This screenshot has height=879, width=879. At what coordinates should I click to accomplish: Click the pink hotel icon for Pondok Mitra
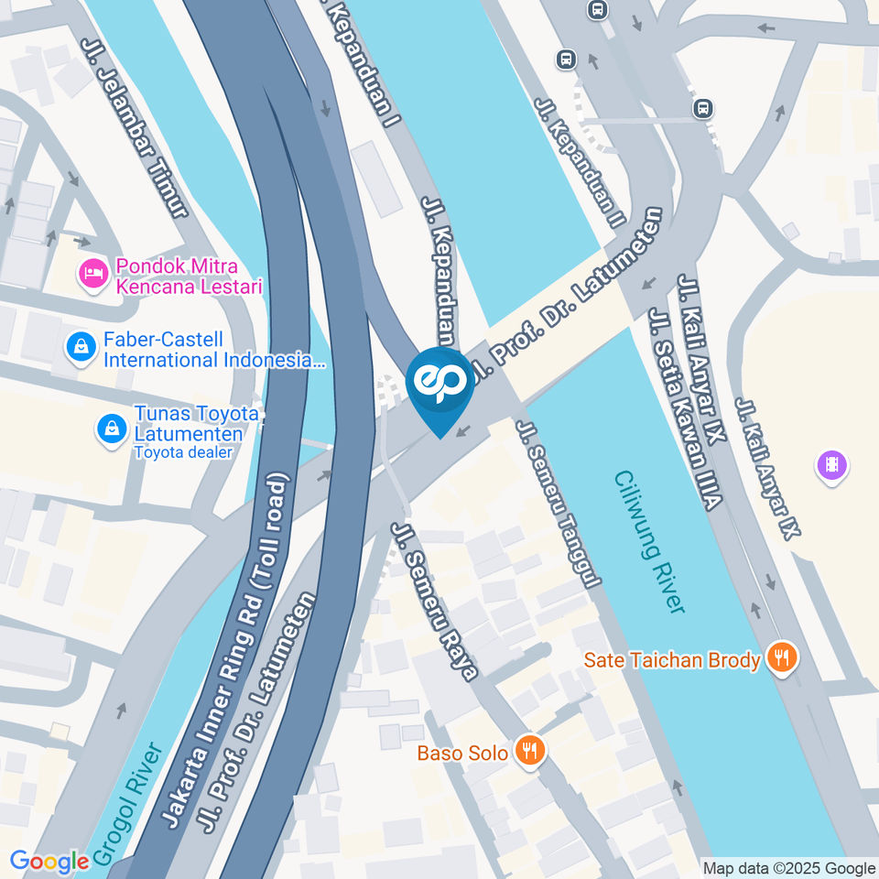[x=92, y=272]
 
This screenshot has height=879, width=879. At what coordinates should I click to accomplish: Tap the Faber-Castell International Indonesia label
[x=213, y=350]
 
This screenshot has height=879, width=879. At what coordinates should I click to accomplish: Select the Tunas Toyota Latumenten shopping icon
[x=112, y=428]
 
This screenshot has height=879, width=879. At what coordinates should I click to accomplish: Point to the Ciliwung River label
[x=650, y=542]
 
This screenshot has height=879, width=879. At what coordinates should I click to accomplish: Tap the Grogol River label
[x=129, y=802]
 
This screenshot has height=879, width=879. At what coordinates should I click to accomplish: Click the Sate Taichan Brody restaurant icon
[x=781, y=657]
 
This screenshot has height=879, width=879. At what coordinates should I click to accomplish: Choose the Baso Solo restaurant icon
[x=529, y=752]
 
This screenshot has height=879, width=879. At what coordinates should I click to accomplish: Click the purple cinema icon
[x=830, y=465]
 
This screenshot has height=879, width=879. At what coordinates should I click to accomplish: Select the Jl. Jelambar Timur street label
[x=135, y=127]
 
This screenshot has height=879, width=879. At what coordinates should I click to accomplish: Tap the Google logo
[x=49, y=862]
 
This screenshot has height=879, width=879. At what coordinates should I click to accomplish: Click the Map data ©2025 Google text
[x=789, y=868]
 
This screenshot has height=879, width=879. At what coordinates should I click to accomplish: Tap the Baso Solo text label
[x=462, y=754]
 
